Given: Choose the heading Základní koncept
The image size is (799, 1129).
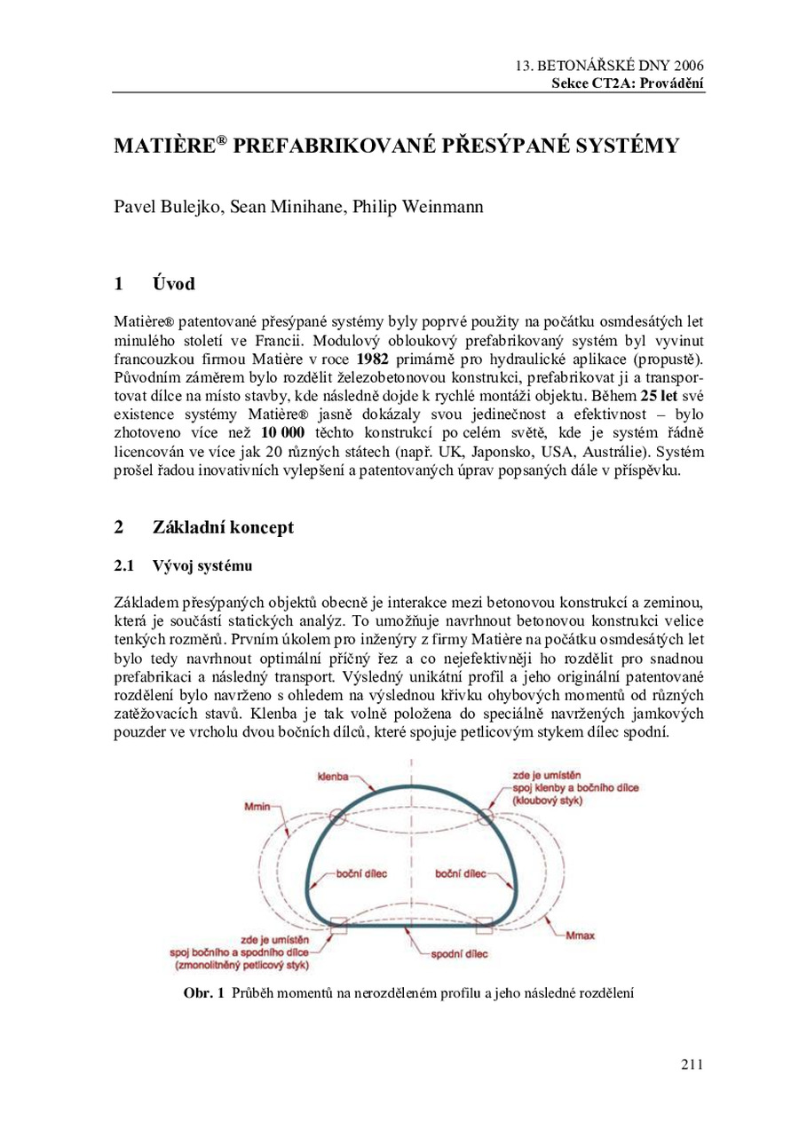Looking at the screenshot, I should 223,527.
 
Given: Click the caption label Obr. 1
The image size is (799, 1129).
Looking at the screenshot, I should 204,991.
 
